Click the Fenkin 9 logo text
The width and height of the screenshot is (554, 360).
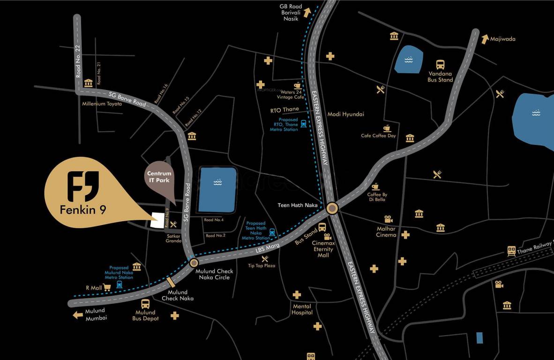pyautogui.click(x=83, y=210)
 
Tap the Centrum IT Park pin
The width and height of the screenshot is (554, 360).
pyautogui.click(x=157, y=177)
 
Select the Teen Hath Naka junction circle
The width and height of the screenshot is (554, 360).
pyautogui.click(x=332, y=208)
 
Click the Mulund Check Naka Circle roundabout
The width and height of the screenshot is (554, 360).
pyautogui.click(x=194, y=263)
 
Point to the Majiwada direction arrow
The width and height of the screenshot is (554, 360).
pyautogui.click(x=485, y=38)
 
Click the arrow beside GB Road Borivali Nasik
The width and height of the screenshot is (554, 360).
pyautogui.click(x=307, y=12)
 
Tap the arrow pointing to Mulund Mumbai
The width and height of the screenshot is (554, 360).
pyautogui.click(x=78, y=315)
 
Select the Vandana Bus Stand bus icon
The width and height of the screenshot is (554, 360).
pyautogui.click(x=441, y=65)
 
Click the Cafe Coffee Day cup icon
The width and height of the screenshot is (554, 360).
pyautogui.click(x=387, y=128)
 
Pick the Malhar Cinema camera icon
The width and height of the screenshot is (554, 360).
pyautogui.click(x=388, y=219)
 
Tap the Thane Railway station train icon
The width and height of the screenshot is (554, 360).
pyautogui.click(x=511, y=251)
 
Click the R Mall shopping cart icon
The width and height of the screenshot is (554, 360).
pyautogui.click(x=107, y=287)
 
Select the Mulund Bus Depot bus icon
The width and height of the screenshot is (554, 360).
pyautogui.click(x=145, y=303)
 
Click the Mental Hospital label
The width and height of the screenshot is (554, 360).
pyautogui.click(x=302, y=309)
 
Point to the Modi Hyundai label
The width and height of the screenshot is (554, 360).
pyautogui.click(x=345, y=114)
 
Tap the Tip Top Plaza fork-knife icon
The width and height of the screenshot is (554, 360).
pyautogui.click(x=265, y=258)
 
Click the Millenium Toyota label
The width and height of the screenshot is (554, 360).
pyautogui.click(x=102, y=104)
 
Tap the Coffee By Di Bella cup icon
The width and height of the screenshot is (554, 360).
pyautogui.click(x=375, y=187)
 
